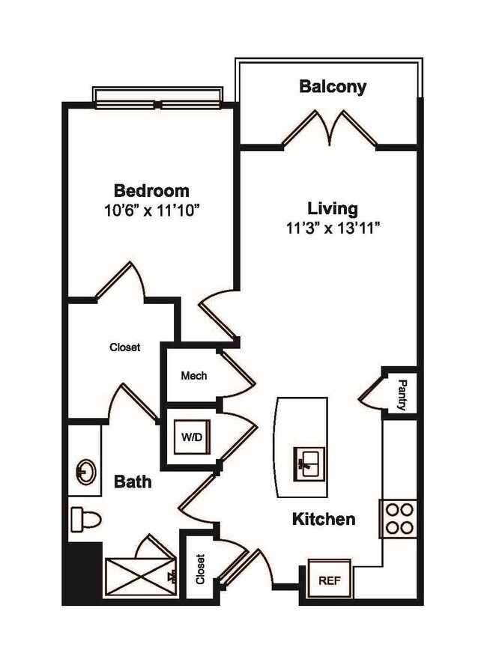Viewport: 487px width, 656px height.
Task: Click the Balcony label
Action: pos(333,86)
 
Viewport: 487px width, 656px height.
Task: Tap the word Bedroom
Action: pos(151,190)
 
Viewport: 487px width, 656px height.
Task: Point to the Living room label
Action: pos(333,208)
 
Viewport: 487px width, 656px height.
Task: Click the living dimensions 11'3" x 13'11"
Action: pos(333,228)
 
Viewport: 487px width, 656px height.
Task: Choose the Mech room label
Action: pos(194,375)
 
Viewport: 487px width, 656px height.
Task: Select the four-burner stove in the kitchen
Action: pos(399,517)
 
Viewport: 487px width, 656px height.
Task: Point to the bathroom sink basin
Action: pos(85,472)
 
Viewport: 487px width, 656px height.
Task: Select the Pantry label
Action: pos(402,395)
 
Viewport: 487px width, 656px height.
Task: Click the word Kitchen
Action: pos(323,519)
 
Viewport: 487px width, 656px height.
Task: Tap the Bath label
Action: pos(132,482)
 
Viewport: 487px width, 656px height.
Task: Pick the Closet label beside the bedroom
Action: pos(124,347)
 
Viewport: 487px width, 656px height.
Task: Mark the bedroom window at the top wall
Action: pos(158,98)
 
